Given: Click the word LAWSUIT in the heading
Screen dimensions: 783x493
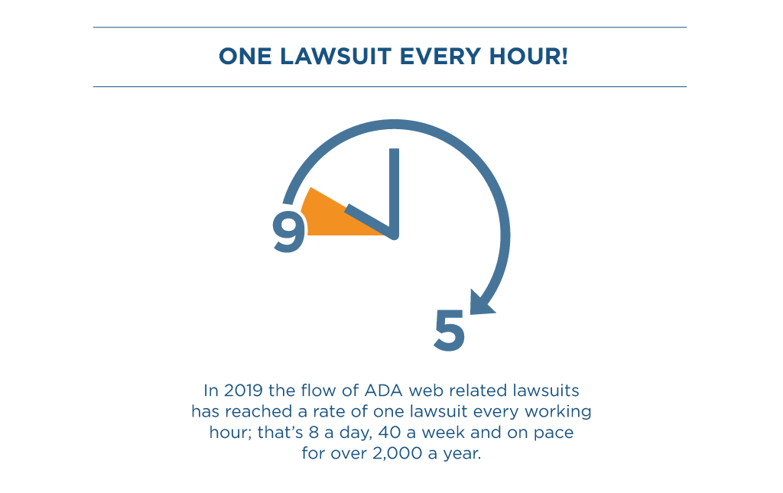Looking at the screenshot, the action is tap(335, 57).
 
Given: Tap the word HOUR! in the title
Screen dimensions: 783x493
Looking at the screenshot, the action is tap(528, 57).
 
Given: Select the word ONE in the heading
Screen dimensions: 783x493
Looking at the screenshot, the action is tap(245, 57).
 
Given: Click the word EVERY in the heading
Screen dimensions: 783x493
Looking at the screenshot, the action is tap(440, 57).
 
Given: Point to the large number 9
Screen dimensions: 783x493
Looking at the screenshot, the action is tap(289, 232).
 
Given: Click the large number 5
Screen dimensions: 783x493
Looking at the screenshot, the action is tap(450, 330).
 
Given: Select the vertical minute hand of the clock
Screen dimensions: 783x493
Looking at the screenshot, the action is tap(394, 192).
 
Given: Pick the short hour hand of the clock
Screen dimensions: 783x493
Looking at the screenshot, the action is tap(369, 221).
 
